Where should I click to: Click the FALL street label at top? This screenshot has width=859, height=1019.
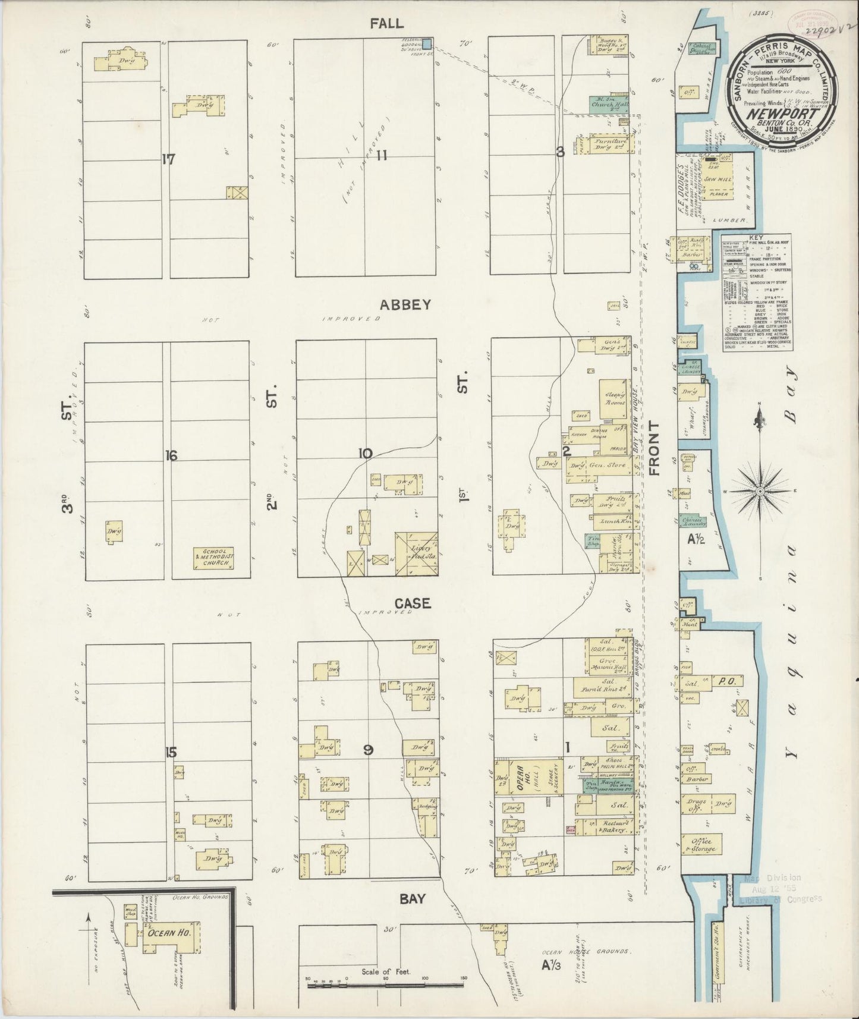386,24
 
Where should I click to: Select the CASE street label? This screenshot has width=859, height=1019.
412,603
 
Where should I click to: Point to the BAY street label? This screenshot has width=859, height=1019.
412,898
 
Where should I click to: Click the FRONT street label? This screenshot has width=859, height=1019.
655,449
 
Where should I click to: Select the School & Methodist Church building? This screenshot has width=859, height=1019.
214,559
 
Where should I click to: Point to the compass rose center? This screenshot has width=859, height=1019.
760,491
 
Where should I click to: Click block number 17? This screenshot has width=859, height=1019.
169,159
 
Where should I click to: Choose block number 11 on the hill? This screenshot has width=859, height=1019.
381,156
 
